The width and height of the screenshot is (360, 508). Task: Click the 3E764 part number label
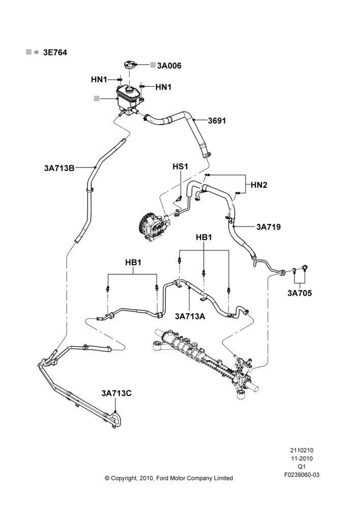click(x=55, y=52)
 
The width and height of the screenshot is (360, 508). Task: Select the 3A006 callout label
click(x=169, y=66)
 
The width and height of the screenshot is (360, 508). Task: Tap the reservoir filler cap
click(x=130, y=64)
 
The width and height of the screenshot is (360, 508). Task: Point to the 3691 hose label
click(x=217, y=121)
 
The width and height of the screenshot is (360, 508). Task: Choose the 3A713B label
click(x=59, y=168)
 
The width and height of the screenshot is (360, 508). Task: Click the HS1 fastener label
click(x=181, y=167)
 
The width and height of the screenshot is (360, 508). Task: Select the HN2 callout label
click(x=259, y=185)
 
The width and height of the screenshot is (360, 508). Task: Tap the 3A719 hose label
click(x=268, y=227)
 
